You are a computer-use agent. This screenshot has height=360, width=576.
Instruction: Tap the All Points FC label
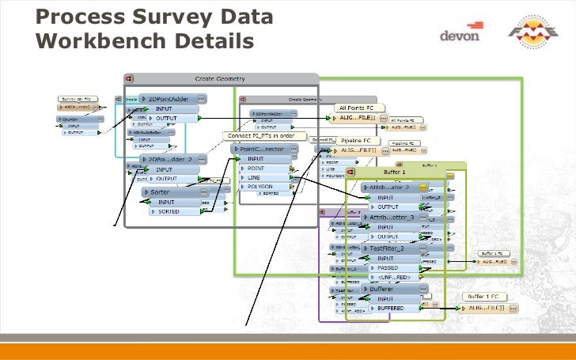tap(360, 108)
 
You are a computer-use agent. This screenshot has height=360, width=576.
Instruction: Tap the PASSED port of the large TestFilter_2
tap(390, 268)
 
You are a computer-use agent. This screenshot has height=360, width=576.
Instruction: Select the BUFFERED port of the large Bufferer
tap(391, 308)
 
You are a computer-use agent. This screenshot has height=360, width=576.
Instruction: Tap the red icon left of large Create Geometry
tap(128, 78)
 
